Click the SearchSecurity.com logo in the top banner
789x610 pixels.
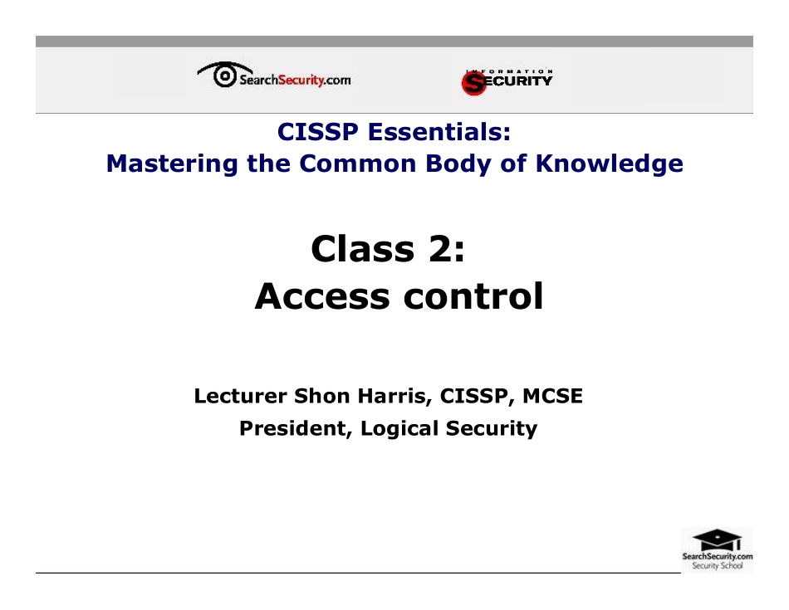274,78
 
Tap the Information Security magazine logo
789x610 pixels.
507,81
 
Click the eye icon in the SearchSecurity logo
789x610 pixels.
223,76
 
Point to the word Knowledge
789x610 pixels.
609,163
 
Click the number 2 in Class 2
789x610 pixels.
443,248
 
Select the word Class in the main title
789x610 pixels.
362,248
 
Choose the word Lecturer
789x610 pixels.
241,397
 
